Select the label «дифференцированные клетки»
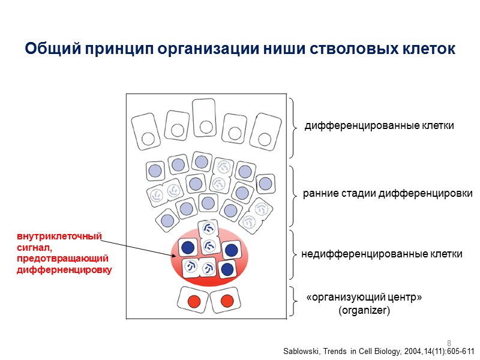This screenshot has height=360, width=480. pos(379,126)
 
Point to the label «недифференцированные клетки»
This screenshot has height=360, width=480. pos(382,254)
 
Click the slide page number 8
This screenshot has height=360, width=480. pos(449,343)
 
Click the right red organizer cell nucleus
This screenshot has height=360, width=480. pos(226,300)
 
